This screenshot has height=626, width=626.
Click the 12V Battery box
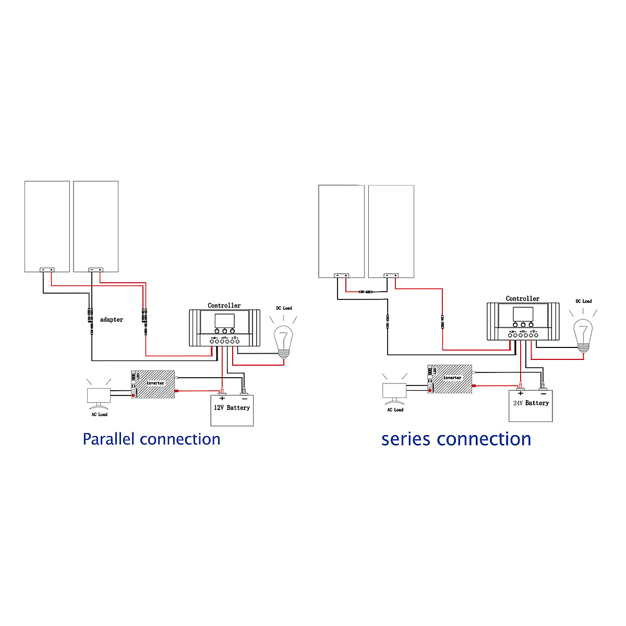[232, 411]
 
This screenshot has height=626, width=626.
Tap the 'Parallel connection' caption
[151, 439]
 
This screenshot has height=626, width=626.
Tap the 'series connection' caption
[456, 439]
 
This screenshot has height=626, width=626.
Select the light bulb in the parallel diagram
[283, 340]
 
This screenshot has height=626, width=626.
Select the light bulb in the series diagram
[583, 333]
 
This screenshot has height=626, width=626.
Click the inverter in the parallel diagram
[153, 383]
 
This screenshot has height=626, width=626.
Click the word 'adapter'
[112, 320]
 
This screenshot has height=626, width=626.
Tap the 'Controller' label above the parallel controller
[224, 306]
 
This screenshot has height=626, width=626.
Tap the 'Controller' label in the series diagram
[522, 299]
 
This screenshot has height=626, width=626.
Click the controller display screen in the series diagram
[523, 314]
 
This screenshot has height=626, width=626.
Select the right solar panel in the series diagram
[391, 230]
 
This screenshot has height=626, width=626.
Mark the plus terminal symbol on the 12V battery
[222, 398]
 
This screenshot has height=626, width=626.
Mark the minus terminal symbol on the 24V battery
[543, 394]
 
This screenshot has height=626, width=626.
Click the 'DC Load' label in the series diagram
[584, 302]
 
